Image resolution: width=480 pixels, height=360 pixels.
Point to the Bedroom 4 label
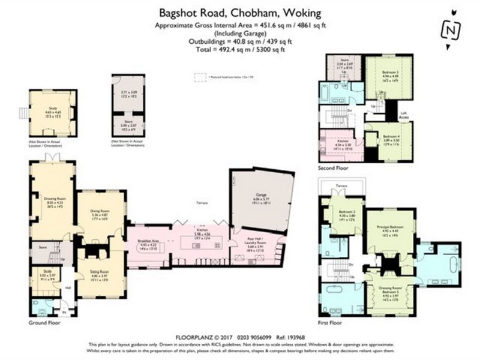391,136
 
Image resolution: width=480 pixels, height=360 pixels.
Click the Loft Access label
404,115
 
